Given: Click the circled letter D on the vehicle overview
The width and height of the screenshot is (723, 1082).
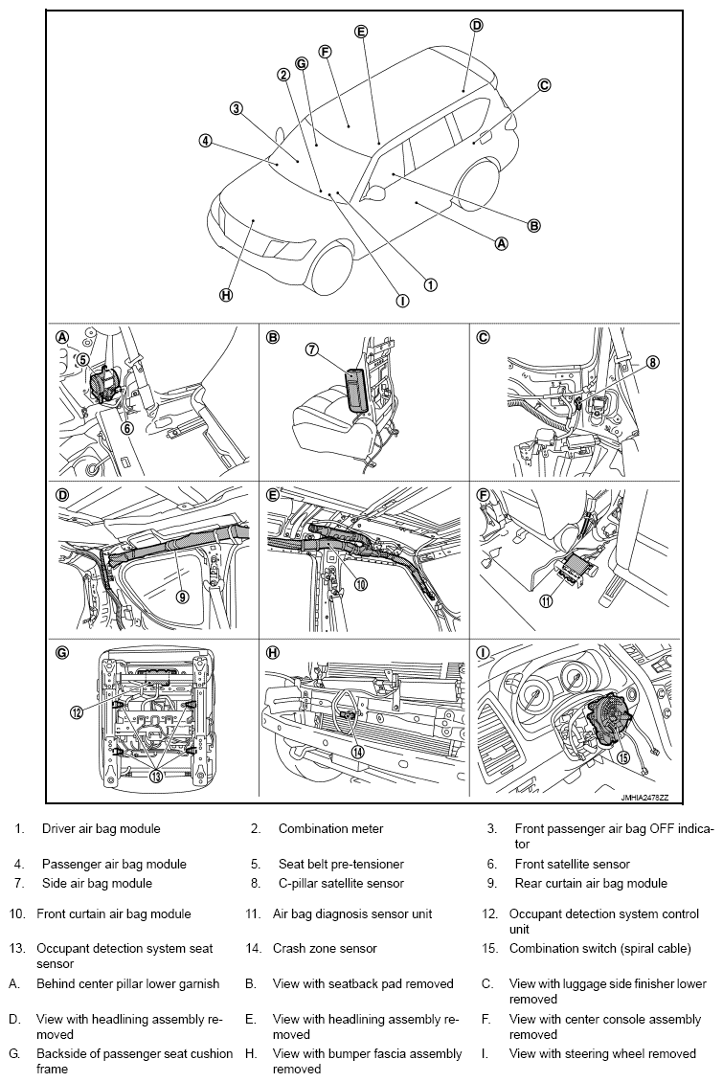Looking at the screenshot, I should tap(476, 26).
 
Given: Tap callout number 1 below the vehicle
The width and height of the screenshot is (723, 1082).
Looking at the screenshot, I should tap(431, 284).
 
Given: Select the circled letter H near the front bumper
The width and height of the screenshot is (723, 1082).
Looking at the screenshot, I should tap(226, 295).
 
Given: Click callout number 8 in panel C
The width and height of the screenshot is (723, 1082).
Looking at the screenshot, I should tap(652, 363).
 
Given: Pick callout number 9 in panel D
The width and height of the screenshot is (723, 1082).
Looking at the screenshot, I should tap(182, 596).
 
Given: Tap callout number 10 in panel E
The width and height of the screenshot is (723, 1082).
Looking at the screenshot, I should tap(362, 584).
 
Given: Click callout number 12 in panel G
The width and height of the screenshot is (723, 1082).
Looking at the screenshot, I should tap(77, 710).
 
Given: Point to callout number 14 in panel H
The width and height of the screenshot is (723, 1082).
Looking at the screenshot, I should tap(357, 753).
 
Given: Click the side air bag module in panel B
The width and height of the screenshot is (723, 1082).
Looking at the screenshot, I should tap(357, 391).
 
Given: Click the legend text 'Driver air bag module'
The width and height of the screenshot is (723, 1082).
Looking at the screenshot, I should tap(101, 828).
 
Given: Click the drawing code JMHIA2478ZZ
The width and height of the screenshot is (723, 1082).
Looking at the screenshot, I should tap(646, 797).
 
